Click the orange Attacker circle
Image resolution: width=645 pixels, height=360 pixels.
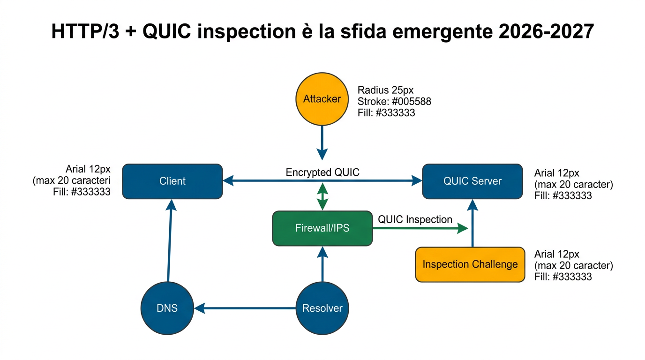coord(322,99)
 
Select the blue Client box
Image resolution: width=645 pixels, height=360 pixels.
coord(172,181)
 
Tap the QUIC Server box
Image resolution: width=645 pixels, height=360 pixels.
coord(472,181)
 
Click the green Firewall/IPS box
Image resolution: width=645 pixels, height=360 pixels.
coord(322,228)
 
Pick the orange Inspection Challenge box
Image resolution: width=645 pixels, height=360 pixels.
coord(470,264)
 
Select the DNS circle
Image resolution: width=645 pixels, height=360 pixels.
coord(167,308)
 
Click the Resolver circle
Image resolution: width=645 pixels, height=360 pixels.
coord(322,308)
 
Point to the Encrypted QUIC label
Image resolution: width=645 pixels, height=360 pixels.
coord(322,172)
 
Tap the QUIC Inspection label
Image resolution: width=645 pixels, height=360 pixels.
coord(415,219)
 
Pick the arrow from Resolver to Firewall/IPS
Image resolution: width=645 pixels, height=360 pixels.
coord(322,265)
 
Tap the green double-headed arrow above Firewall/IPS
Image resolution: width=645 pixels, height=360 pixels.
coord(322,197)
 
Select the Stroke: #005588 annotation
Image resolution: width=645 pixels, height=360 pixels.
coord(394,102)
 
